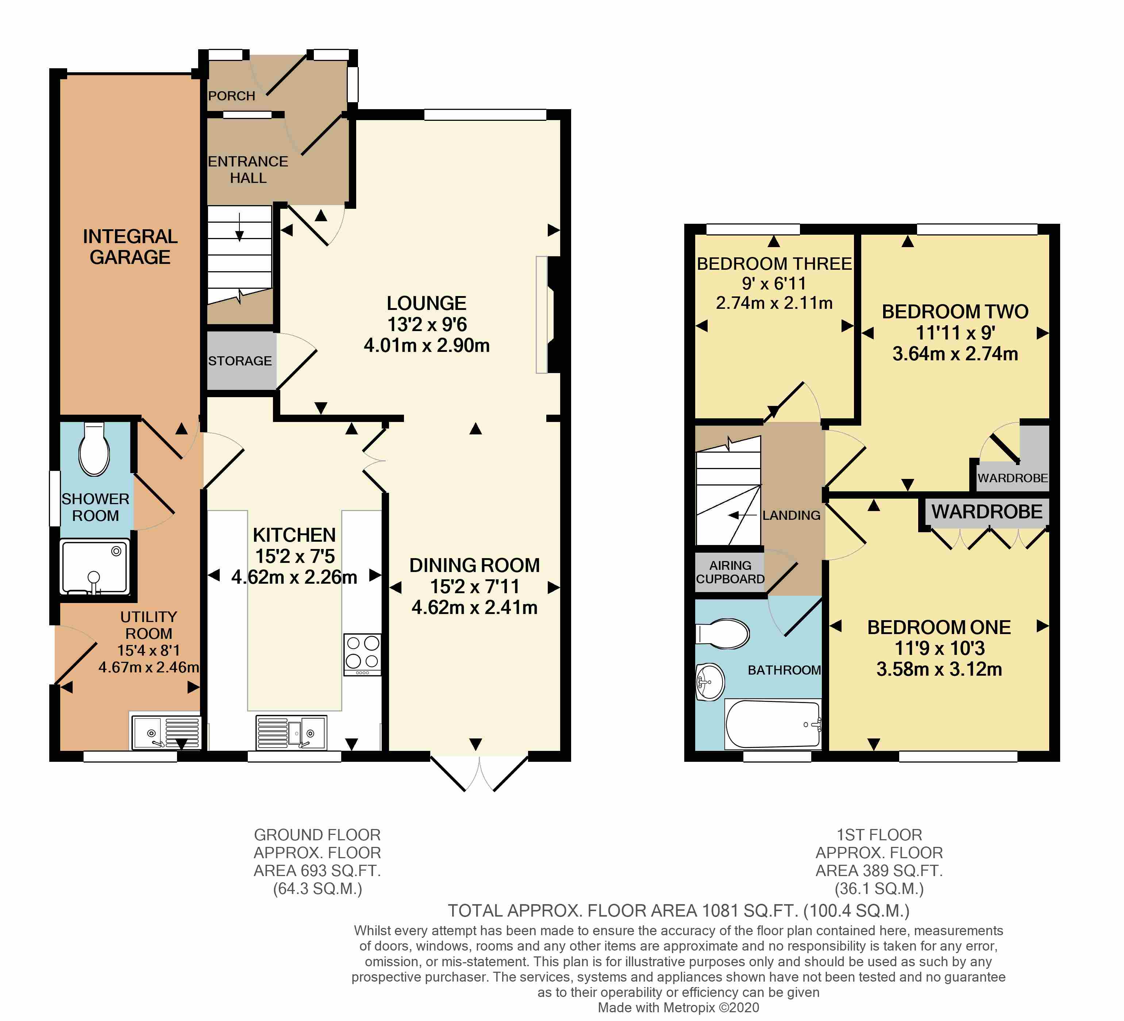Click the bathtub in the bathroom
[773, 724]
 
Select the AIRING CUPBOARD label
[730, 572]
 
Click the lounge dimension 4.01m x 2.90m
[427, 346]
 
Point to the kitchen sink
[292, 733]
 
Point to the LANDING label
[791, 515]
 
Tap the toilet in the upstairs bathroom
[723, 633]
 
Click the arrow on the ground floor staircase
[239, 227]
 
